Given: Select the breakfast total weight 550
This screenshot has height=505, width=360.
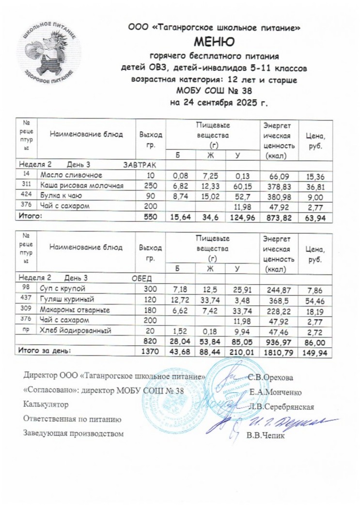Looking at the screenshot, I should [x=151, y=218].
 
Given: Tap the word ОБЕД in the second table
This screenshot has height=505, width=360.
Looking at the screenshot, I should [x=142, y=278].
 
